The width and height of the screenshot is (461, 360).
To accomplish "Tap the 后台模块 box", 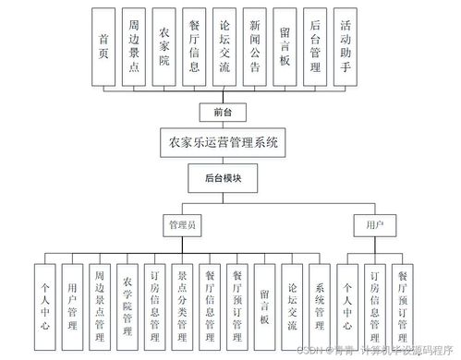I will click(x=224, y=177).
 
